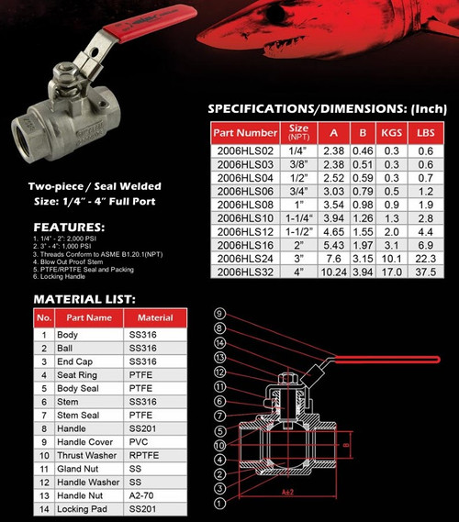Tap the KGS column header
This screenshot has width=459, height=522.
[392, 133]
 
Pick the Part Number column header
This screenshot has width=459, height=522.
[244, 133]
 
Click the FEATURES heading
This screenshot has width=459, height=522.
[69, 227]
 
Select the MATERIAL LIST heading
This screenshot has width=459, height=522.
[84, 298]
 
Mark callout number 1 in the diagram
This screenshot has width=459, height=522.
[218, 503]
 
